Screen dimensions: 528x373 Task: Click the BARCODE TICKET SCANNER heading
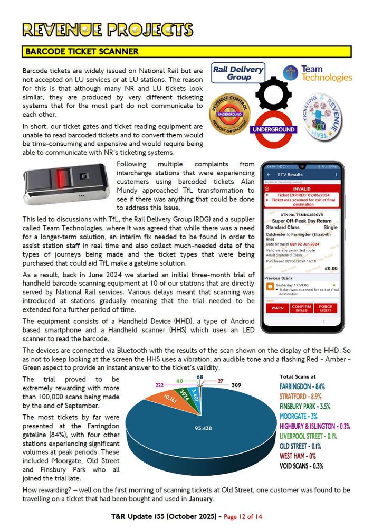coord(82,52)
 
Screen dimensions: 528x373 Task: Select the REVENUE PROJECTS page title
coord(107,29)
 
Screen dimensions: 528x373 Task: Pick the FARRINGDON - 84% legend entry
coord(302,386)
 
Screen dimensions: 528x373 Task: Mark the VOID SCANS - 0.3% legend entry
coord(301,466)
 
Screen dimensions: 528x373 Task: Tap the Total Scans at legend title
coord(298,376)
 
